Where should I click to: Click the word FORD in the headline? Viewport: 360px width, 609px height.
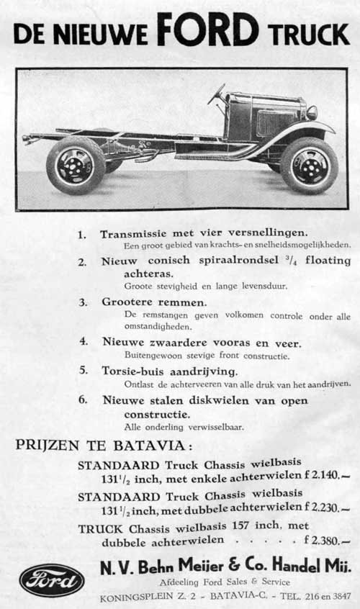(x=207, y=30)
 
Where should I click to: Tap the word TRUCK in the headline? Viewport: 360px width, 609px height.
(x=309, y=34)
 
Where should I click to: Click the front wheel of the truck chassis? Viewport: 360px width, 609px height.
(x=309, y=165)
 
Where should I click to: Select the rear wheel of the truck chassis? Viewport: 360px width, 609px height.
(x=76, y=165)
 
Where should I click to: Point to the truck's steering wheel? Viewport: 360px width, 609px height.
(x=216, y=94)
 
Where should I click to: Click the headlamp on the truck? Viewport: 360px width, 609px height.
(x=312, y=112)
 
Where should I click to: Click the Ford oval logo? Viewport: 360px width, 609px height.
(x=52, y=580)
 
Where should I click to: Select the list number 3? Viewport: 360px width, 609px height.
(x=83, y=302)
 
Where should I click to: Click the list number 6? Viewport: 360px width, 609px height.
(x=83, y=400)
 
